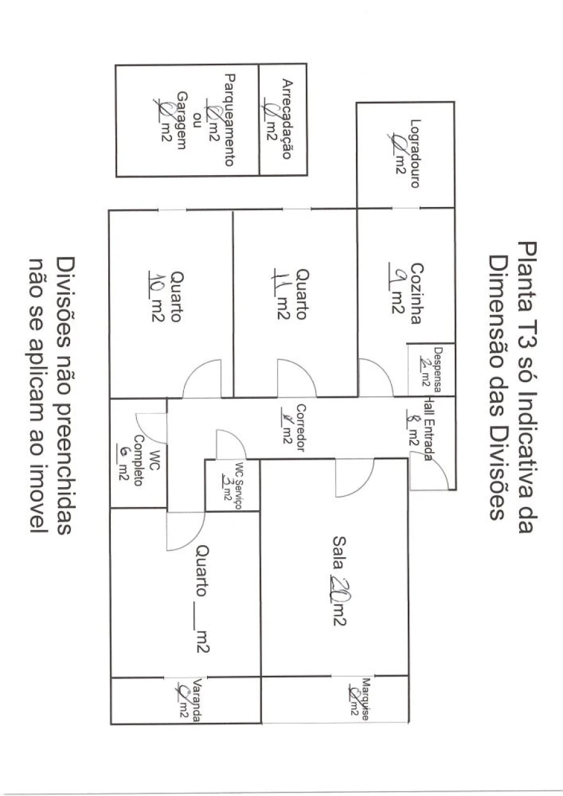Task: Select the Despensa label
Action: click(x=437, y=370)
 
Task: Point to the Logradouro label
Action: click(x=414, y=153)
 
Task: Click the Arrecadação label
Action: click(x=287, y=119)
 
